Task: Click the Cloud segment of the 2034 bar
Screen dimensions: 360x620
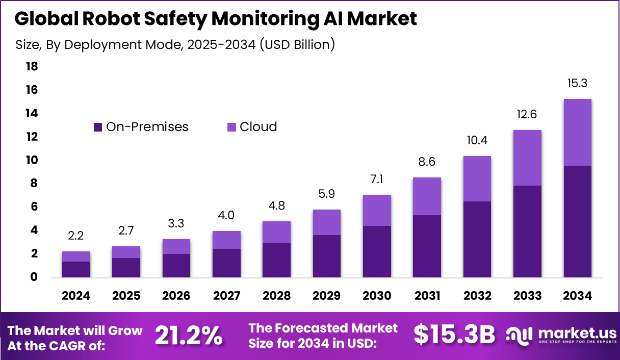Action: click(577, 132)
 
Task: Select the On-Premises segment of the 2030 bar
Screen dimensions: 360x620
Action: click(377, 251)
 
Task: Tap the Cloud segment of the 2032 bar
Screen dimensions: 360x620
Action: click(477, 178)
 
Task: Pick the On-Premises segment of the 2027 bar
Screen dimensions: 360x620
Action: click(226, 263)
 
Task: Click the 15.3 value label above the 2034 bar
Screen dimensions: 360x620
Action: click(577, 84)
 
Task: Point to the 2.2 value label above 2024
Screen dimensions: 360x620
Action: click(76, 236)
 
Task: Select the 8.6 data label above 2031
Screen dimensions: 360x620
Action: click(427, 162)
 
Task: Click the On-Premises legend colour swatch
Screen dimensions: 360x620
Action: click(98, 127)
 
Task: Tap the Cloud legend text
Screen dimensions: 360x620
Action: click(258, 127)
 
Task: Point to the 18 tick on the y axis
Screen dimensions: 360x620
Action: click(32, 67)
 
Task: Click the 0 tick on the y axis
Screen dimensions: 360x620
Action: click(34, 277)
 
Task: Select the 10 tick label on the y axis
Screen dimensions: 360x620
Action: click(32, 160)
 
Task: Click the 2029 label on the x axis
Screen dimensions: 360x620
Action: click(326, 296)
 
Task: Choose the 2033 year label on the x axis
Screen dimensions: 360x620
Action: click(527, 296)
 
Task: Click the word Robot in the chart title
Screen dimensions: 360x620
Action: click(113, 19)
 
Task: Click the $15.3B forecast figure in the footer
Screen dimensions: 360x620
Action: click(454, 335)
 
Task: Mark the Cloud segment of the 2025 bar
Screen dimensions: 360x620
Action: click(126, 252)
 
